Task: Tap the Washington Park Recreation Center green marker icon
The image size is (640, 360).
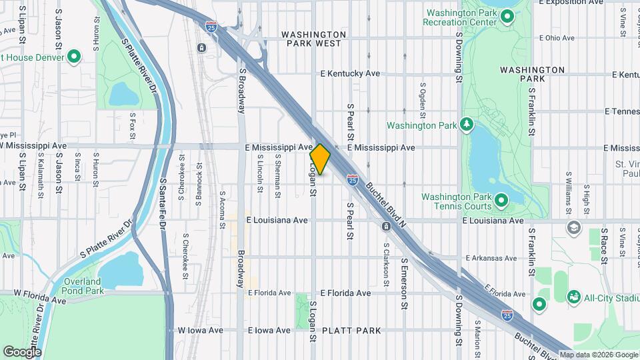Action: pos(507,17)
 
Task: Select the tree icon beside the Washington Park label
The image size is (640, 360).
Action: pos(467,125)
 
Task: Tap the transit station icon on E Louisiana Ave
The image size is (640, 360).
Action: pos(386,227)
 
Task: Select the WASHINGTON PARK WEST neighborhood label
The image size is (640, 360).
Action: pos(313,39)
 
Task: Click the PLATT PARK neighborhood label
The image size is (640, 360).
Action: pos(351,331)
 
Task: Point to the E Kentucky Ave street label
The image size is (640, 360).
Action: pos(350,73)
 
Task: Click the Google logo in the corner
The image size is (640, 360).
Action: pos(22,351)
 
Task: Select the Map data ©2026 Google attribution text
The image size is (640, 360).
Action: pos(598,355)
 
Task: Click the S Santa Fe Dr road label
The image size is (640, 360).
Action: pos(163,203)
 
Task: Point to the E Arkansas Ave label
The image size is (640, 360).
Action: pos(492,257)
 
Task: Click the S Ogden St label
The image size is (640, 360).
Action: pos(423,97)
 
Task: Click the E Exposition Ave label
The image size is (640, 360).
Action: pos(575,3)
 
